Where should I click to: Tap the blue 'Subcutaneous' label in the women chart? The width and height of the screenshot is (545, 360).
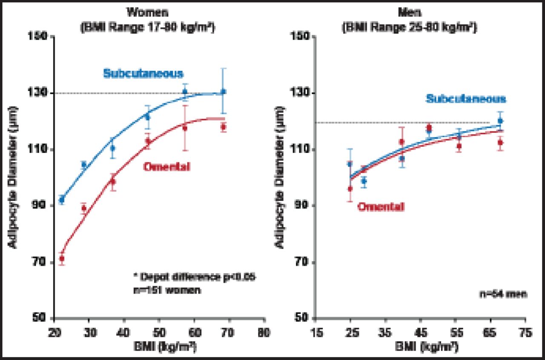143,73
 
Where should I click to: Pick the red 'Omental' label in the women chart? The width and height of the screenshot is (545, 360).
166,167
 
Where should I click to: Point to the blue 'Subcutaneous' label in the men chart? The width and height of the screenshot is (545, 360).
466,99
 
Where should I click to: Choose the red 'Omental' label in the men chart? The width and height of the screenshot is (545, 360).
381,207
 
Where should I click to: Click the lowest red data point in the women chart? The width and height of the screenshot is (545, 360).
62,259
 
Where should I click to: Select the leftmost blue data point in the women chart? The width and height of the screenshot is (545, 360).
62,199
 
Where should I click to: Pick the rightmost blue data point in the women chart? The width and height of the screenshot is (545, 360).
223,92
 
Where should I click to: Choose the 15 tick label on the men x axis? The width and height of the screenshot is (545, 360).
316,331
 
